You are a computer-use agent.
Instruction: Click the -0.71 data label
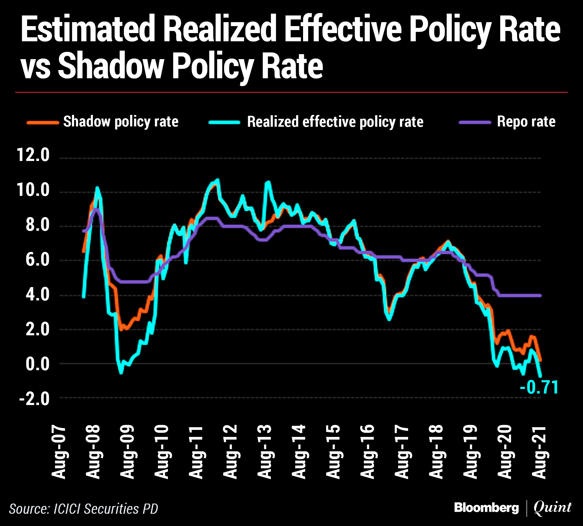[539, 387]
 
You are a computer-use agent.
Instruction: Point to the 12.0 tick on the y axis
[33, 155]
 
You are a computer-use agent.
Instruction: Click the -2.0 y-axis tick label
[34, 399]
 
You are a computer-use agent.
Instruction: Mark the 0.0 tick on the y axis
[37, 364]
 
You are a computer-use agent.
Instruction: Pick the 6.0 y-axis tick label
[37, 260]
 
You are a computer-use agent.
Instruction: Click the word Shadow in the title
[111, 66]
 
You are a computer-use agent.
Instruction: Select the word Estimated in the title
[88, 29]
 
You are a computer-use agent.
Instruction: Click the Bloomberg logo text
[486, 508]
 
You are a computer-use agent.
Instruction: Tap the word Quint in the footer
[552, 508]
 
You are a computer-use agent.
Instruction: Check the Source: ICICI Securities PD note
[84, 509]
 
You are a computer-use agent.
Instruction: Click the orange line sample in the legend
[43, 122]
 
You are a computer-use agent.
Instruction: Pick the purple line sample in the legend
[475, 122]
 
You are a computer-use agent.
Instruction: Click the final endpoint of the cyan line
[540, 377]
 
